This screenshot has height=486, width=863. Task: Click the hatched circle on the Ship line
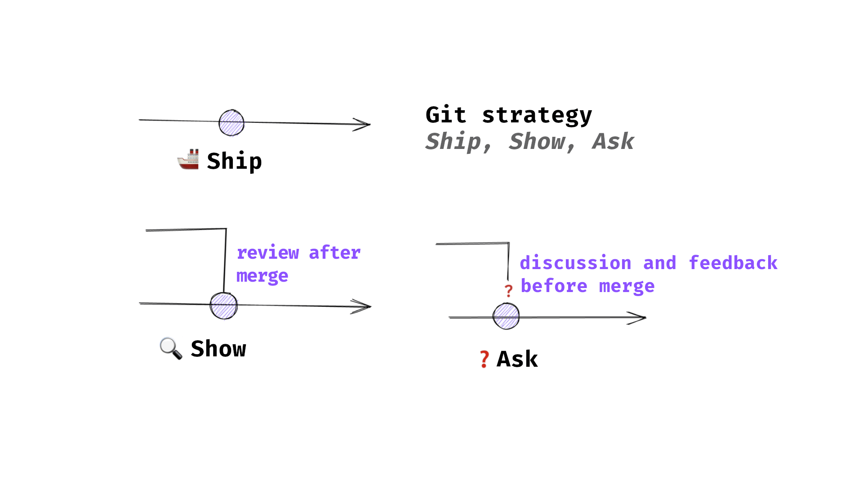231,123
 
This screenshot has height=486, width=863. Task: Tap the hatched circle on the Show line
223,306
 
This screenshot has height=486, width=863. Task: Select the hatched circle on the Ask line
506,316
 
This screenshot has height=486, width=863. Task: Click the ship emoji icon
188,159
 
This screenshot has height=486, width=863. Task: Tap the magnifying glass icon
171,348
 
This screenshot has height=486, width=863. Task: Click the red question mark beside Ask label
484,359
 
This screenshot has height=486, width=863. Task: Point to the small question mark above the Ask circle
508,291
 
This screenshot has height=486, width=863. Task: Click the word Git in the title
445,115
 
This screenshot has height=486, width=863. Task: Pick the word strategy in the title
537,116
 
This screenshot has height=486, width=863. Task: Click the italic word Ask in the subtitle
613,141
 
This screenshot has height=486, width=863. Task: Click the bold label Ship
234,161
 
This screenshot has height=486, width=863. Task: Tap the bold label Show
218,349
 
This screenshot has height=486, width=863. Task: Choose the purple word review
268,253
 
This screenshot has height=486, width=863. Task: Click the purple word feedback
733,263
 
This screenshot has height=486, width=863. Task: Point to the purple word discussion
576,263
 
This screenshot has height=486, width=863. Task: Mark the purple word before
554,286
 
